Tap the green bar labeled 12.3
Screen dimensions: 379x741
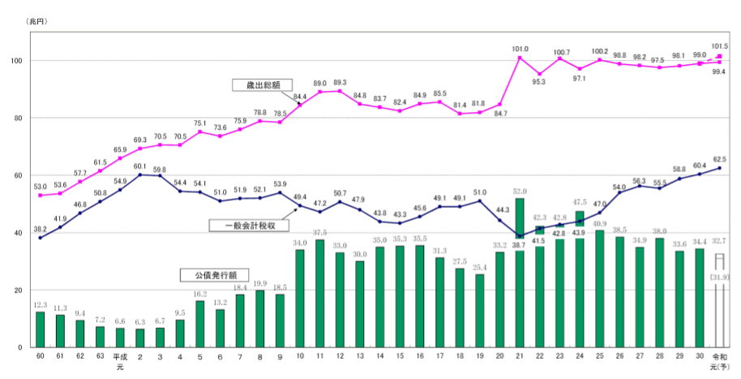click(x=40, y=329)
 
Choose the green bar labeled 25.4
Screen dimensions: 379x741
click(x=480, y=311)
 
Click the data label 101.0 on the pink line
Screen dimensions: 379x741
click(x=520, y=49)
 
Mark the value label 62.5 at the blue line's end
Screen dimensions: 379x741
click(x=718, y=159)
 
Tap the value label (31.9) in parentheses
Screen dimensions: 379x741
click(x=718, y=278)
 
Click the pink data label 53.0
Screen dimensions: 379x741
click(x=41, y=187)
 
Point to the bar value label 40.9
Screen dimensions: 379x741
click(x=599, y=223)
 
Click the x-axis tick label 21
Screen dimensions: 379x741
click(x=520, y=356)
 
